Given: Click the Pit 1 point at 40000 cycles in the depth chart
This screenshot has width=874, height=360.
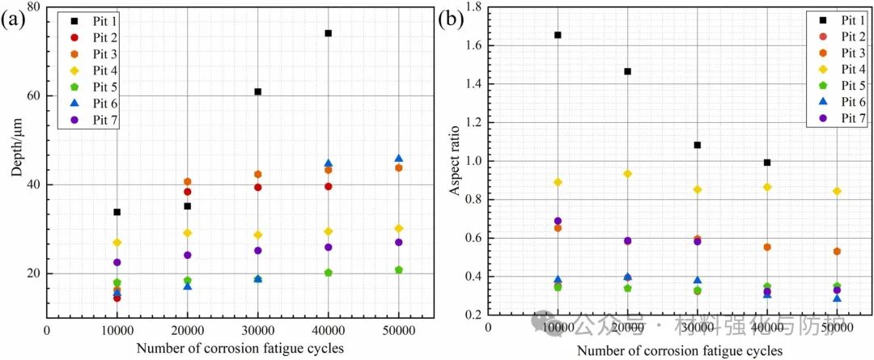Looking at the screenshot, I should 329,33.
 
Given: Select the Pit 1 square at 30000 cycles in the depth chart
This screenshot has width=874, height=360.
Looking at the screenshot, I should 258,91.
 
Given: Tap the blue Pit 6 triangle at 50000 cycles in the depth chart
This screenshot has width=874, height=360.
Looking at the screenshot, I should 399,159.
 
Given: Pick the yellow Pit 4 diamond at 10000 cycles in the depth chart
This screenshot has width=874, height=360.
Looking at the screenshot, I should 117,243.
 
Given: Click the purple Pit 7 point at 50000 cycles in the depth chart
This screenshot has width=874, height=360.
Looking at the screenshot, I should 399,242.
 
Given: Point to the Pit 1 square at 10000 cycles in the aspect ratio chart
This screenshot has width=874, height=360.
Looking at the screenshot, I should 558,35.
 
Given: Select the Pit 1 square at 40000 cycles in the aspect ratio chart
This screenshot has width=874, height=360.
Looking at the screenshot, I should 767,163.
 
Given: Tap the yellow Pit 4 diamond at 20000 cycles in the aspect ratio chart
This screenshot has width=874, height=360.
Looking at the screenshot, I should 627,174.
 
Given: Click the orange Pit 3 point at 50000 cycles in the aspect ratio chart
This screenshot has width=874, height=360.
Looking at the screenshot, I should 837,252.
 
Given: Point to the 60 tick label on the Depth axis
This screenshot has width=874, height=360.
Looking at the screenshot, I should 32,95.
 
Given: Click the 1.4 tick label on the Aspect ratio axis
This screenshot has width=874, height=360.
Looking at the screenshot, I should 471,84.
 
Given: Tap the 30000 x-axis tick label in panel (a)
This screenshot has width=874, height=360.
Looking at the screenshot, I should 258,330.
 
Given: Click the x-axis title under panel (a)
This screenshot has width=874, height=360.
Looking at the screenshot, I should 241,349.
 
